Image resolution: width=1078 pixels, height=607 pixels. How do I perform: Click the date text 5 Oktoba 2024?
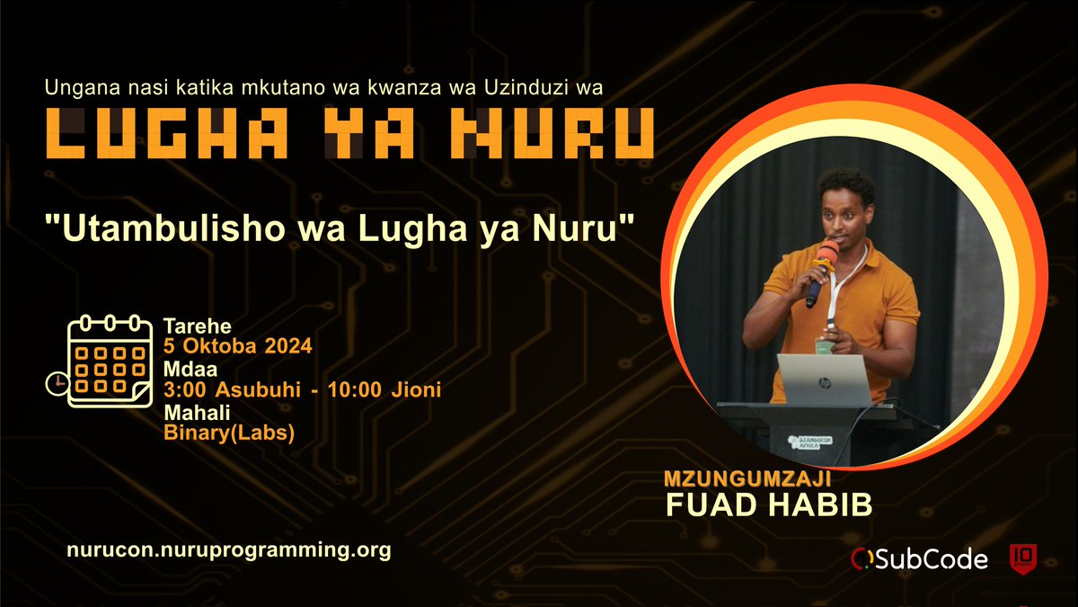click(x=238, y=346)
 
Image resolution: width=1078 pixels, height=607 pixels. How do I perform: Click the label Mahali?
click(x=190, y=412)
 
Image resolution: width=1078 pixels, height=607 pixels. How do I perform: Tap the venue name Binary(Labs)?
click(x=229, y=433)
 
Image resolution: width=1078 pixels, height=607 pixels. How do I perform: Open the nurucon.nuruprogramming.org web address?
click(x=229, y=550)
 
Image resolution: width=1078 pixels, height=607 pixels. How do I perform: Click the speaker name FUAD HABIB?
click(x=768, y=505)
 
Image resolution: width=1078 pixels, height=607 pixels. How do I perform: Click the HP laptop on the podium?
click(x=824, y=379)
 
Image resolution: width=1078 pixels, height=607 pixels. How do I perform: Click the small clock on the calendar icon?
click(x=56, y=383)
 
